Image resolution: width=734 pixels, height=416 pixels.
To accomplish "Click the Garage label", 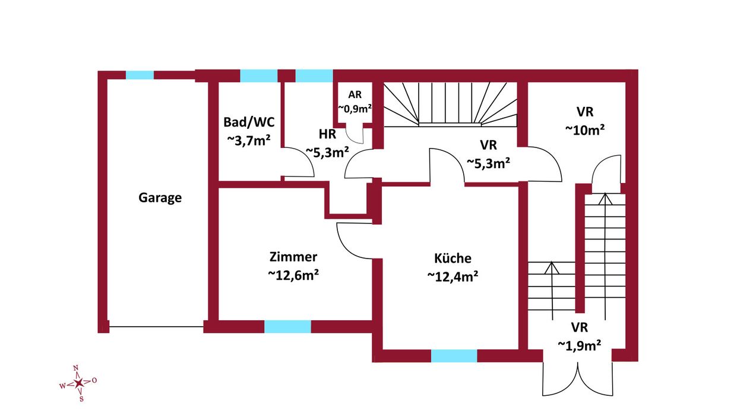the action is pos(160,198).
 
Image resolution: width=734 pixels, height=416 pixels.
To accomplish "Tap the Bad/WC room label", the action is pos(249,122).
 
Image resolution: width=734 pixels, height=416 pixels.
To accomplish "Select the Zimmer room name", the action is pos(293,257).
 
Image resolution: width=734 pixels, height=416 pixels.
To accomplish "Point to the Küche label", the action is pos(453,258).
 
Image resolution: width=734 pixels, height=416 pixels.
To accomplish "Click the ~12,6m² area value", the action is pos(293,275).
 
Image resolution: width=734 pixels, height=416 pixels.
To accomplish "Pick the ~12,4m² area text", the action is pos(453,276).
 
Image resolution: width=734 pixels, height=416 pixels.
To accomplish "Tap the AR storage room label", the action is pos(355,94).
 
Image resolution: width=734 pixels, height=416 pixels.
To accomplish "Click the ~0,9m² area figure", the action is pos(355,109).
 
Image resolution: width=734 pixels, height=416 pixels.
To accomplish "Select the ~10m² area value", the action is pos(585,130).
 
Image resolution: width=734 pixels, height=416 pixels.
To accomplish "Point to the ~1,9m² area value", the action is pos(580,345).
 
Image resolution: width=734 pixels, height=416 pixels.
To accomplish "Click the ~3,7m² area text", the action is pos(249,141).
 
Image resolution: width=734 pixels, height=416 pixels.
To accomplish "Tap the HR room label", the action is pos(327,134).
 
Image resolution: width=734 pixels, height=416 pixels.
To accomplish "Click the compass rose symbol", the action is pos(78,383).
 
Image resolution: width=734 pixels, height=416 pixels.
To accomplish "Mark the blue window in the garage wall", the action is pos(140,75).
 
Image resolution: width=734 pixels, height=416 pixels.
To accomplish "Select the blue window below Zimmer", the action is pos(287,326).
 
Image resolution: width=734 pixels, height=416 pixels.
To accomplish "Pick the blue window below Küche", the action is pos(454,356).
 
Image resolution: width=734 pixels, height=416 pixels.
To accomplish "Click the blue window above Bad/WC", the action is pos(259,75).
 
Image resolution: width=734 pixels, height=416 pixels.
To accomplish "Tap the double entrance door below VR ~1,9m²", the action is pos(578,379).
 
